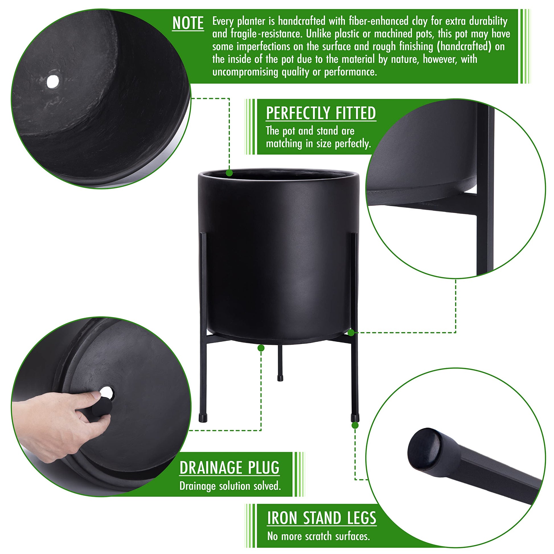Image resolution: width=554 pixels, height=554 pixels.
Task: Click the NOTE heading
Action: (188, 23)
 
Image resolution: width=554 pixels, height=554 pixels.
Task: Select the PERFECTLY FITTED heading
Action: (321, 113)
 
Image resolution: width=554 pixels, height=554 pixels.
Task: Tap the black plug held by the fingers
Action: (102, 407)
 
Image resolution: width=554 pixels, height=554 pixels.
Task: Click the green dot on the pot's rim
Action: (229, 173)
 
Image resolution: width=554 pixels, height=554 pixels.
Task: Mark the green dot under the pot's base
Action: (261, 348)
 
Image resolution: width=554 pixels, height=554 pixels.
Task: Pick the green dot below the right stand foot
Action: (355, 425)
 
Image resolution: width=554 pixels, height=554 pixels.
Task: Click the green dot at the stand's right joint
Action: (351, 333)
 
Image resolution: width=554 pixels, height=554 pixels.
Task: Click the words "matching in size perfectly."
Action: (319, 143)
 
